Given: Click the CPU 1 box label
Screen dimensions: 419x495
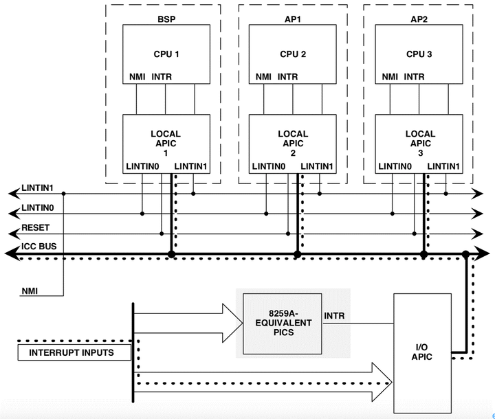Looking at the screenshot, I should (166, 54).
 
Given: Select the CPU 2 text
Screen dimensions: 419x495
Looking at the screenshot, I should (293, 54).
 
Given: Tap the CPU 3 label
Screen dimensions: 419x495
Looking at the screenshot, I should (419, 54).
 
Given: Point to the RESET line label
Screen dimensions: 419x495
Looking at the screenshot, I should (36, 227).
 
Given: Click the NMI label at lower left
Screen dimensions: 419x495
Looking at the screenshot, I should (30, 291).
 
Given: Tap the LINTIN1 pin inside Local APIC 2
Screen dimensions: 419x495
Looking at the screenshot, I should (317, 166).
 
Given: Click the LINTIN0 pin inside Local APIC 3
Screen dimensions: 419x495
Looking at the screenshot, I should (395, 166).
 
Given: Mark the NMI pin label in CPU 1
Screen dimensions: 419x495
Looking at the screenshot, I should (137, 77).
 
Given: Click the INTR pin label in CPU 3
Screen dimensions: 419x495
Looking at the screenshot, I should (414, 77).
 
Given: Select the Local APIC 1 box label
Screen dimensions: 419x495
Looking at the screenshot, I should (166, 144).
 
